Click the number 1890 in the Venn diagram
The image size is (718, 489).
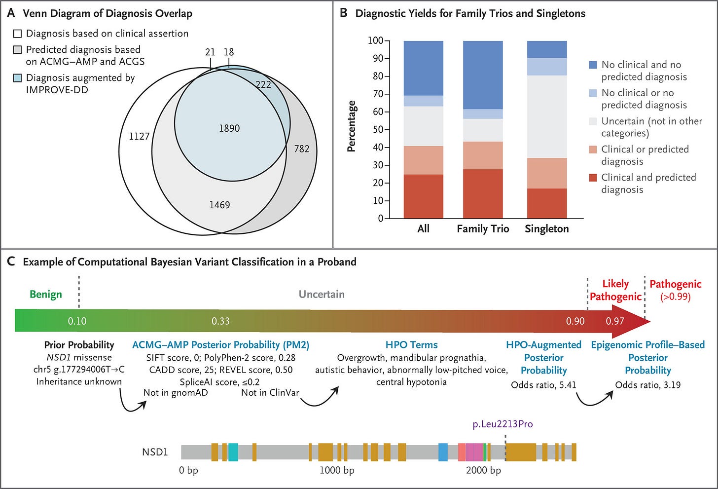[x=229, y=128]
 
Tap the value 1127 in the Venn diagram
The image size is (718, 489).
[x=139, y=136]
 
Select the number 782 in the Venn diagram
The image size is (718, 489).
[x=302, y=149]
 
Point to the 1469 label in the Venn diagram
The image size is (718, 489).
[x=219, y=205]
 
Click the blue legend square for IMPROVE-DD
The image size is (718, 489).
[x=17, y=78]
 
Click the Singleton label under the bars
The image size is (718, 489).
[x=546, y=229]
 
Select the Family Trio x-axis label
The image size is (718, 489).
[x=483, y=229]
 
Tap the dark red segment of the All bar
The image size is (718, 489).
[x=423, y=196]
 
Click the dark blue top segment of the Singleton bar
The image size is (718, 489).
[x=546, y=49]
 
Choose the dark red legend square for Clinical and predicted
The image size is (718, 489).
[x=593, y=178]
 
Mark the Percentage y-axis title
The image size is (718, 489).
[x=352, y=126]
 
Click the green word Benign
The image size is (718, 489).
[x=46, y=295]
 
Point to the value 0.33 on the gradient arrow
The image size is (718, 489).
[x=220, y=321]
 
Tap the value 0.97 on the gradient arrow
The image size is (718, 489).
[x=615, y=321]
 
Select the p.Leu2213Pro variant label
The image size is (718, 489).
[x=503, y=424]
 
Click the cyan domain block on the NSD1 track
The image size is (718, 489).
[x=233, y=452]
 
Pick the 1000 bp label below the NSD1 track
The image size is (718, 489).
[x=337, y=471]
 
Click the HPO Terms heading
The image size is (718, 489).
[x=411, y=345]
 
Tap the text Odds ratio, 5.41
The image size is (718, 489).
[x=543, y=385]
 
